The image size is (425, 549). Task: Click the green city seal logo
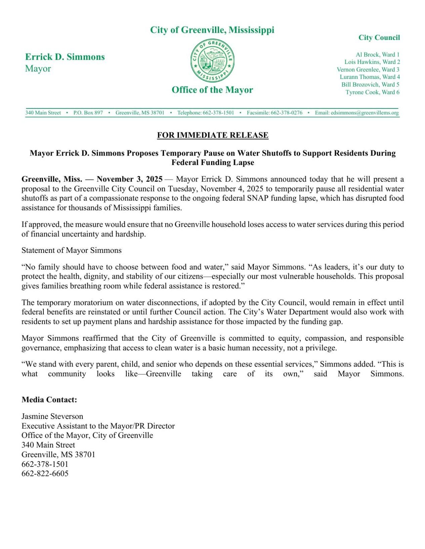(x=212, y=60)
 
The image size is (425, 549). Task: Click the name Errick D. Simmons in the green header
(x=65, y=57)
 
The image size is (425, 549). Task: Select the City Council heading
(x=379, y=38)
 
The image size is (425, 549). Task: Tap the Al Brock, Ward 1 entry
(x=378, y=54)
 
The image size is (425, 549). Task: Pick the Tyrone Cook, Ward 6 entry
(x=372, y=92)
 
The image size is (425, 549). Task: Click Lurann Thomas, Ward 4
(x=370, y=77)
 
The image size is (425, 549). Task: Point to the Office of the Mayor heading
(x=212, y=90)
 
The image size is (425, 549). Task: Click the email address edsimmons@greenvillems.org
(x=365, y=113)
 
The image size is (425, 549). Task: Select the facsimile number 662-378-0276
(x=286, y=113)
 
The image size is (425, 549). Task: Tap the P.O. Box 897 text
(x=88, y=113)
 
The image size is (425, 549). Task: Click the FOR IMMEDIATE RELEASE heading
(x=213, y=135)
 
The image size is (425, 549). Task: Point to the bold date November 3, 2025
(x=130, y=179)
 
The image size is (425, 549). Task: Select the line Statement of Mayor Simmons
(x=72, y=250)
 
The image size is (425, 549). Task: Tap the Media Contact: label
(x=49, y=400)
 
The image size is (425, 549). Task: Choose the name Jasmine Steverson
(x=52, y=416)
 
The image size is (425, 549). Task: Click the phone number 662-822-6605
(x=45, y=474)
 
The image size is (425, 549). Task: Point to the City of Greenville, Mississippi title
(x=212, y=30)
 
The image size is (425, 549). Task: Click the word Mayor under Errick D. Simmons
(x=38, y=68)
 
